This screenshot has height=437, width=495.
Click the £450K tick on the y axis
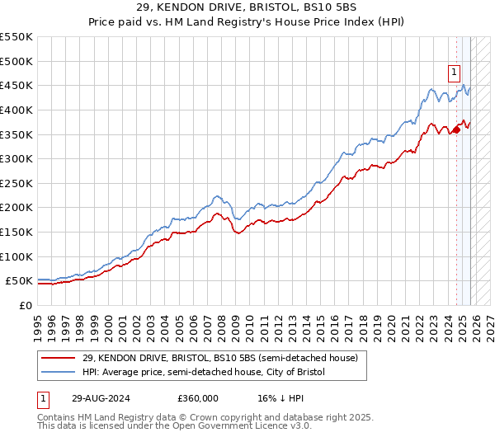16,85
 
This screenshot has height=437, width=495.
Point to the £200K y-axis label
16,208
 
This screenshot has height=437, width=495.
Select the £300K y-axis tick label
16,158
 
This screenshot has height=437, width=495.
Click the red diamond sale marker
456,129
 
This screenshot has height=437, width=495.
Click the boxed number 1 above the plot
455,72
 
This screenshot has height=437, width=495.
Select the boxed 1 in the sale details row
43,397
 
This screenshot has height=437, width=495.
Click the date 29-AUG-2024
101,397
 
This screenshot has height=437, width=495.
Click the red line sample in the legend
59,359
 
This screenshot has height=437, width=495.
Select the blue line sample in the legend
59,373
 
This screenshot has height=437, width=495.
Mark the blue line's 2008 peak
217,196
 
